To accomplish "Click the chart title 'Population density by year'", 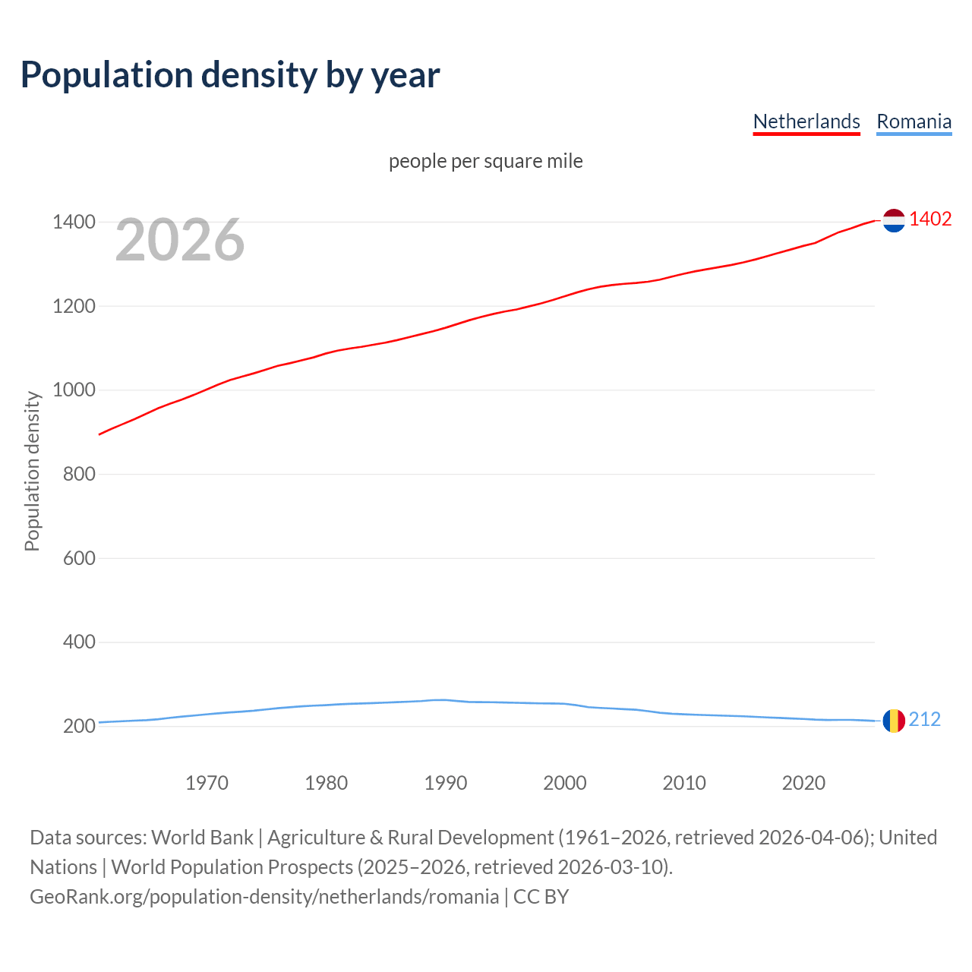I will [230, 74].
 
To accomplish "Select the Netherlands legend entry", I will [806, 121].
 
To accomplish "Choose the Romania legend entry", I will [914, 121].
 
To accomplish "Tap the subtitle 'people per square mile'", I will [485, 161].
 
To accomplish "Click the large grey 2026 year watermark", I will [180, 240].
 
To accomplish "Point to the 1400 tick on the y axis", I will [74, 222].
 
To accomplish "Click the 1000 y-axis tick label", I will [74, 390].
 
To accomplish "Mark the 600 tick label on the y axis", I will [79, 558].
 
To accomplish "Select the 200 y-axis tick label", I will [79, 726].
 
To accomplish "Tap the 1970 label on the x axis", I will [207, 783].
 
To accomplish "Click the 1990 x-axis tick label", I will [446, 783].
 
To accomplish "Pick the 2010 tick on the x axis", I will [684, 783].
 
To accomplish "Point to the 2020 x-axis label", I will [803, 783].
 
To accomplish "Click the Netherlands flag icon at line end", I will [894, 220].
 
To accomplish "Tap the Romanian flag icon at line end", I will [894, 721].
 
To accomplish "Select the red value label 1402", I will [930, 219].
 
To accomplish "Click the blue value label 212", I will [924, 719].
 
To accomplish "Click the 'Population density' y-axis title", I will [32, 471].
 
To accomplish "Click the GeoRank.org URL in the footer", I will [264, 897].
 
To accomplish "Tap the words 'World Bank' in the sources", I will [202, 838].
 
